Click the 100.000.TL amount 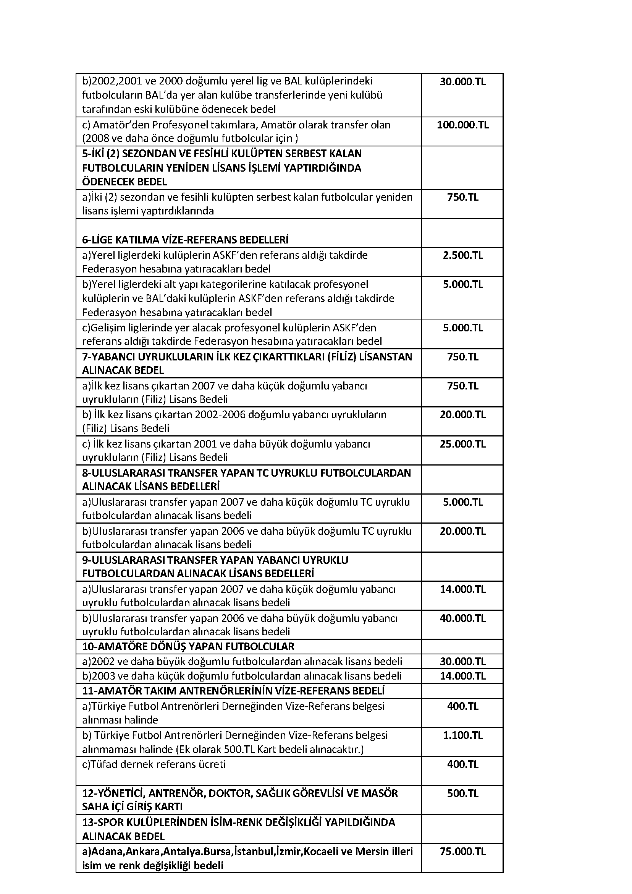[x=462, y=125]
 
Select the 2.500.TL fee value [x=462, y=255]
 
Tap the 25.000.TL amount [x=462, y=444]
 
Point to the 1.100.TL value [x=462, y=735]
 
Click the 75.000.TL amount [x=462, y=851]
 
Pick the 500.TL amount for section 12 [x=462, y=793]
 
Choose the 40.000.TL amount [x=462, y=618]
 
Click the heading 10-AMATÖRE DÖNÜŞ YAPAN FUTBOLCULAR [x=188, y=647]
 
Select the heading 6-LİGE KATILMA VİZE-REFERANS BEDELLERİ [x=185, y=239]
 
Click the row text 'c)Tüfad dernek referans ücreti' [x=154, y=764]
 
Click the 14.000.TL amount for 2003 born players [x=462, y=676]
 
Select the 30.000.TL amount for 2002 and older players [x=462, y=661]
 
